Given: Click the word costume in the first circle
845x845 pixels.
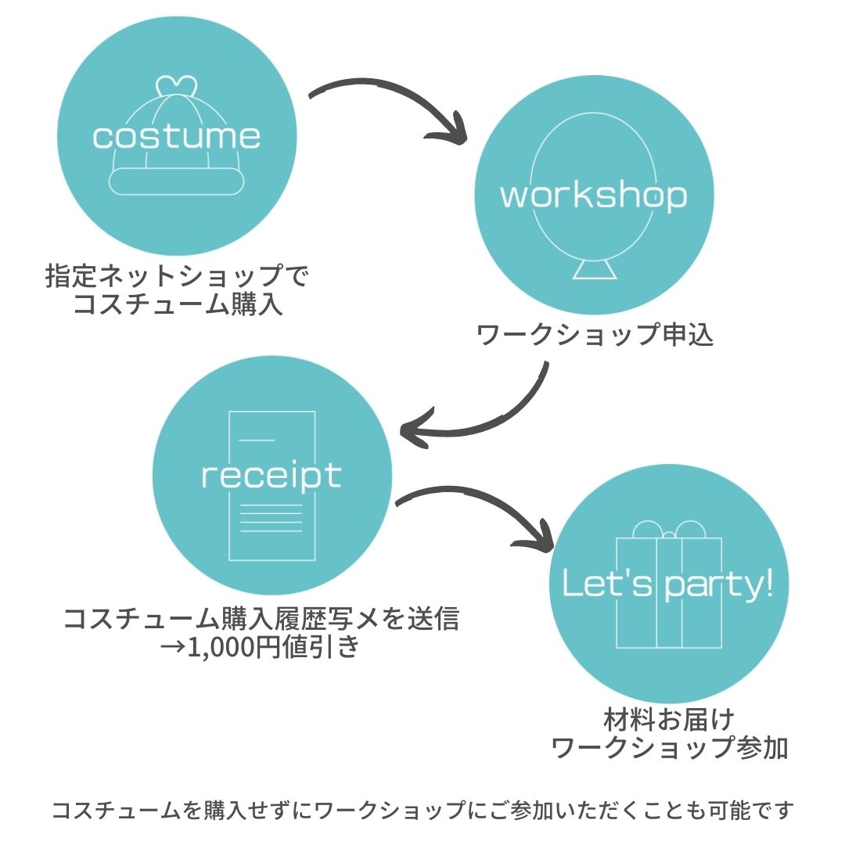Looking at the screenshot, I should coord(176,136).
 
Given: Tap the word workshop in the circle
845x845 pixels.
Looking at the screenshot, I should coord(594,196).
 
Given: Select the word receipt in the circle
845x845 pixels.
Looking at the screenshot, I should coord(271,475).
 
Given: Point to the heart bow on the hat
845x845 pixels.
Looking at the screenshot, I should coord(175,85).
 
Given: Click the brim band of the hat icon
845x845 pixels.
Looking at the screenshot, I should coord(176,182).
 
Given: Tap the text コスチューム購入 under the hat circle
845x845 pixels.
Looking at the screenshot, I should coord(177,304).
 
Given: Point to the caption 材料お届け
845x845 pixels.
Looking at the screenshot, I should coord(668,718).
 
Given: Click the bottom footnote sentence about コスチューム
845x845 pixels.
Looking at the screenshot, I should coord(422,811).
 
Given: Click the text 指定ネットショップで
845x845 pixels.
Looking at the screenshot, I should coord(177,276).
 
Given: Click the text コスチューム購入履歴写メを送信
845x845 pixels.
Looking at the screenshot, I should coord(261,619).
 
